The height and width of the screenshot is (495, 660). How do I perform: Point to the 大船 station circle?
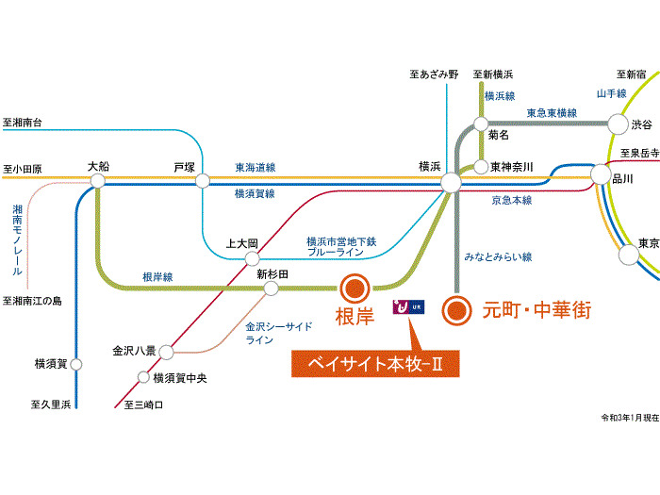point(97,180)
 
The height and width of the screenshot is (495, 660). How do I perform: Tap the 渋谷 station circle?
point(618,124)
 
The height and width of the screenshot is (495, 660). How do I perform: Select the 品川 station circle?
point(601,174)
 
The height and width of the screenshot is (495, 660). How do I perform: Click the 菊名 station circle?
point(481,124)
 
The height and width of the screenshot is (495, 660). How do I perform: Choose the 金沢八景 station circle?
point(166,352)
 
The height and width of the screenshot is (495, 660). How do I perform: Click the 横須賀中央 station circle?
point(144,378)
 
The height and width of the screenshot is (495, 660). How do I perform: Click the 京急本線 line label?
point(511,200)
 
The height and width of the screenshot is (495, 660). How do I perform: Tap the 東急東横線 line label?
point(552,112)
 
